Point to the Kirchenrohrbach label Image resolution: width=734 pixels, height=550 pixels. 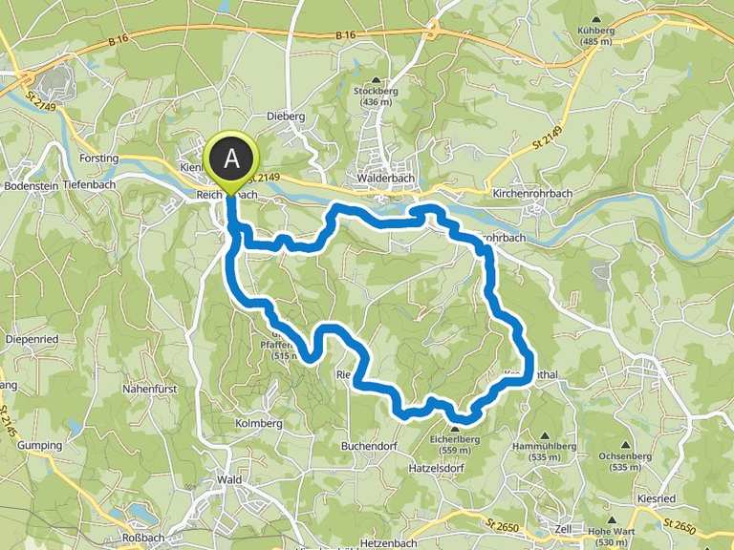point(532,194)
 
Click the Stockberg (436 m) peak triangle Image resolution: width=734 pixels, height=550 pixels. point(376,81)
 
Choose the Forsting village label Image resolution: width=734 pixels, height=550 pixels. point(99,159)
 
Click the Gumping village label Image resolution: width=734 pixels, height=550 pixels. point(39,445)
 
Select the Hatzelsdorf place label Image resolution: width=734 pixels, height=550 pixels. point(462,470)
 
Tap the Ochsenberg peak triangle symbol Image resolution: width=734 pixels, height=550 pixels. point(626,444)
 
